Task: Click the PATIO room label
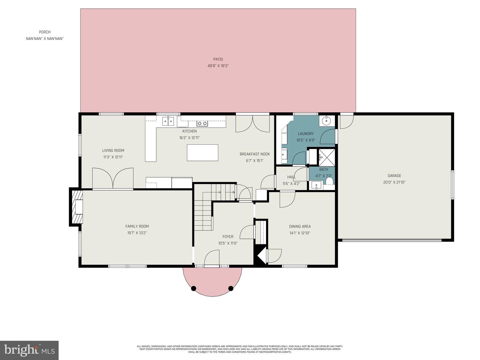(218, 59)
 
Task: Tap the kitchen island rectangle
(202, 153)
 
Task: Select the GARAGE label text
(394, 176)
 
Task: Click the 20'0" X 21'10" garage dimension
(394, 182)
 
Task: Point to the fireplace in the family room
(77, 207)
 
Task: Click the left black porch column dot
(194, 288)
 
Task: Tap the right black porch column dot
(231, 288)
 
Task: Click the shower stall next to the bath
(327, 157)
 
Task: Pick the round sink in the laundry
(326, 121)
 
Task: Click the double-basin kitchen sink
(169, 121)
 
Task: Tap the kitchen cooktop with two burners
(202, 124)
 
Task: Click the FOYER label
(228, 237)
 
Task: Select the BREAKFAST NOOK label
(255, 154)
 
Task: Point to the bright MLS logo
(29, 350)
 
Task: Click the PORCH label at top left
(45, 32)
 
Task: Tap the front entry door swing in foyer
(212, 259)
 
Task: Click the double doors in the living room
(113, 178)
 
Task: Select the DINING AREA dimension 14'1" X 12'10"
(300, 233)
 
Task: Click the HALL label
(291, 177)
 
